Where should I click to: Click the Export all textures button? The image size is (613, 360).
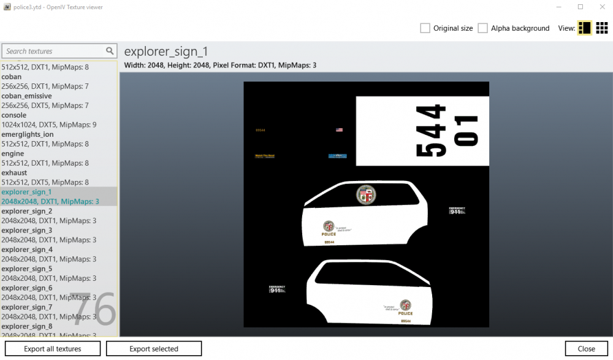click(x=53, y=348)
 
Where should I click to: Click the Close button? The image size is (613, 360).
click(x=586, y=348)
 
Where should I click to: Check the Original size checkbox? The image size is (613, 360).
click(x=425, y=28)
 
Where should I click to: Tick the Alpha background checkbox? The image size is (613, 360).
click(x=482, y=28)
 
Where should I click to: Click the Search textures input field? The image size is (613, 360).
click(x=54, y=52)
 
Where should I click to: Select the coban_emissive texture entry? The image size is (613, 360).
click(x=27, y=96)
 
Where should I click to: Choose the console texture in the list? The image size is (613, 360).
click(x=14, y=115)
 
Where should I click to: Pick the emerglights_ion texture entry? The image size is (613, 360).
click(x=28, y=134)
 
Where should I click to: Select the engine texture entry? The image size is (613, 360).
click(x=13, y=153)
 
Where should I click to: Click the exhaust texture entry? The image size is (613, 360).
click(x=15, y=173)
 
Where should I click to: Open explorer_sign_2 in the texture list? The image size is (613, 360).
click(x=27, y=211)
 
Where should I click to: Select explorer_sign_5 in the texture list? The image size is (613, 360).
click(x=27, y=269)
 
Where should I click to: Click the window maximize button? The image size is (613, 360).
click(x=580, y=7)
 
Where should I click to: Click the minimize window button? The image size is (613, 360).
click(x=558, y=7)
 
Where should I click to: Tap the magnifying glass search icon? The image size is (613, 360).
click(x=110, y=52)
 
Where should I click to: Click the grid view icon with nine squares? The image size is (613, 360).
click(x=602, y=28)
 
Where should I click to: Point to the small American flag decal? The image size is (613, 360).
click(x=339, y=130)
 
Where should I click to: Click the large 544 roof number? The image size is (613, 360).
click(x=431, y=131)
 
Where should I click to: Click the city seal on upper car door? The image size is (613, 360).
click(x=365, y=195)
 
